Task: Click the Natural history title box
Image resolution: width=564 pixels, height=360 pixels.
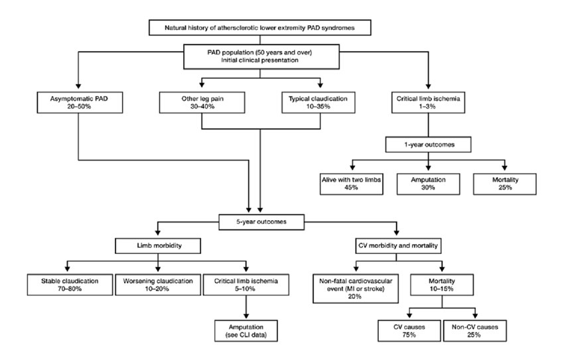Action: click(259, 28)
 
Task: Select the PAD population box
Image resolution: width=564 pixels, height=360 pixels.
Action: click(261, 56)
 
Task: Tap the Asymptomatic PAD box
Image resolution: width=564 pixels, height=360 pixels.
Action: click(80, 102)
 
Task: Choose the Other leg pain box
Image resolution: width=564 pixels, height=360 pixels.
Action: click(202, 102)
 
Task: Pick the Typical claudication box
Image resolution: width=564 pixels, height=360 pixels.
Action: click(318, 102)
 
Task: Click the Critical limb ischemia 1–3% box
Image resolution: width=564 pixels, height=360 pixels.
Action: click(428, 102)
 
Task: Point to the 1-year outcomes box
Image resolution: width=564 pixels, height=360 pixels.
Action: click(428, 145)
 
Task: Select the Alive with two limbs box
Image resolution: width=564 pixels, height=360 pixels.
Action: click(352, 184)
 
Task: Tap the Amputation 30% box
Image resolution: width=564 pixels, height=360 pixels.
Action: click(428, 184)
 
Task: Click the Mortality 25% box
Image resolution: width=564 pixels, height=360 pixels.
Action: click(505, 184)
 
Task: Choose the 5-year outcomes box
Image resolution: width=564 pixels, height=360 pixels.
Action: click(261, 222)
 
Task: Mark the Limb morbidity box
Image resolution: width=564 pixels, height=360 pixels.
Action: click(158, 246)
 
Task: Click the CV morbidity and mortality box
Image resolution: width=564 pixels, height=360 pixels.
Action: click(398, 246)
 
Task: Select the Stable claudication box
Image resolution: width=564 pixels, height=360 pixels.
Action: click(70, 285)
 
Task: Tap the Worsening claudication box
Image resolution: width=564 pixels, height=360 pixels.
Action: click(158, 285)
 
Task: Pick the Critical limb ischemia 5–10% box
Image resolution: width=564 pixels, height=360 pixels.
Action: click(246, 285)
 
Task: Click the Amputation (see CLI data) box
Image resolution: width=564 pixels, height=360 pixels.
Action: click(246, 331)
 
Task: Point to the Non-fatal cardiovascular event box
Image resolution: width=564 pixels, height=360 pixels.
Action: click(356, 288)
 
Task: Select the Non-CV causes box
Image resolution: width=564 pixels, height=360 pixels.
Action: click(475, 331)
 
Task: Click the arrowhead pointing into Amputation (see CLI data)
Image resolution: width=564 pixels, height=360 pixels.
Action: click(246, 316)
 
